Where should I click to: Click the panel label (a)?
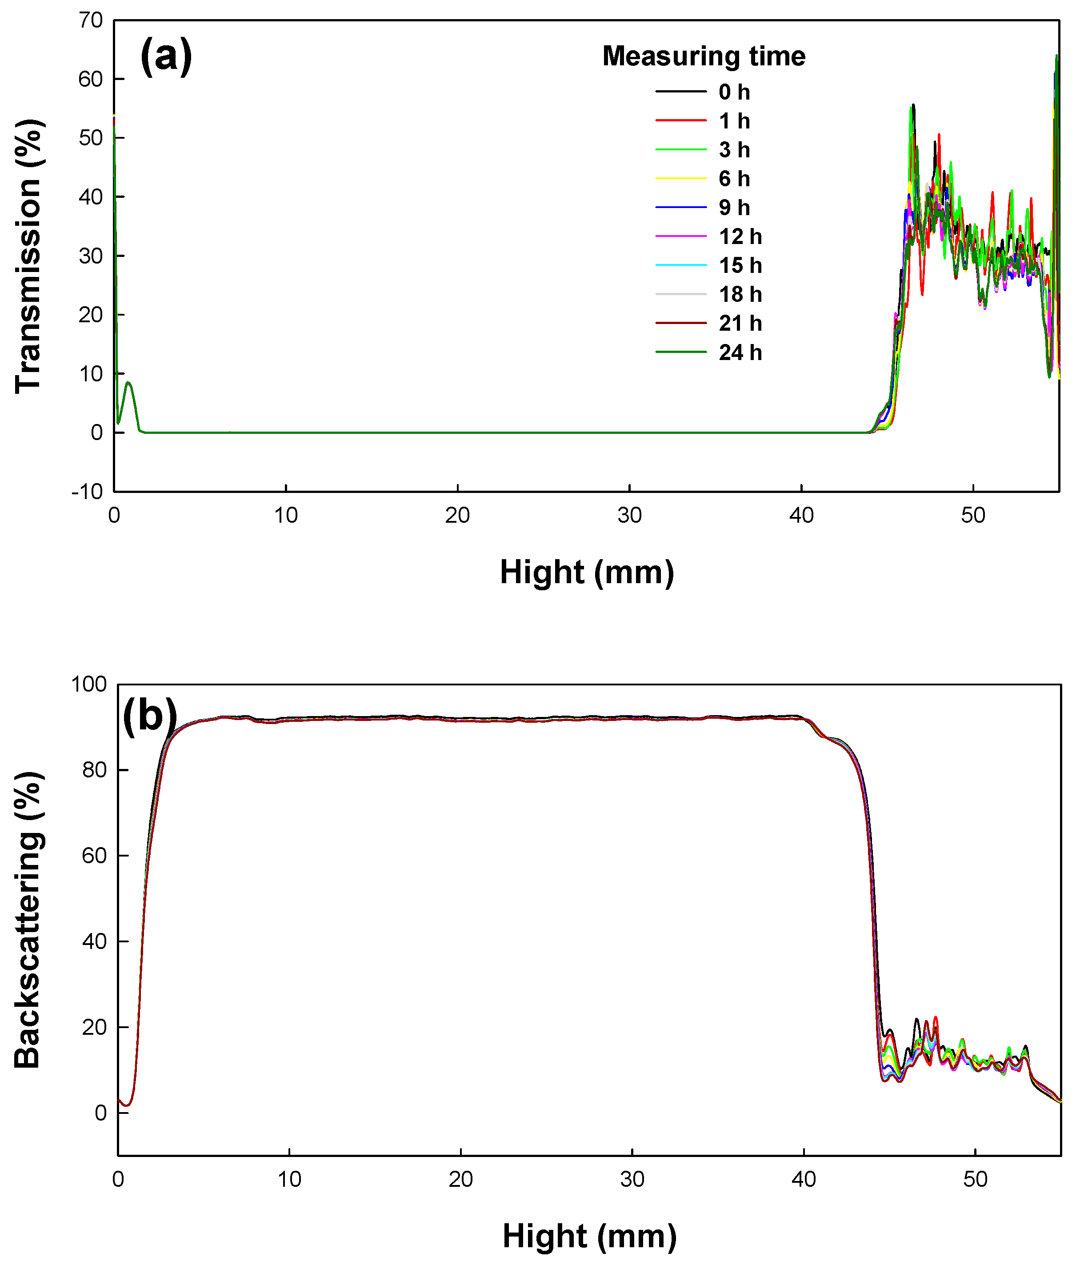click(165, 56)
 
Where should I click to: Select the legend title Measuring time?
click(704, 56)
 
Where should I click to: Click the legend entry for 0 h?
click(734, 92)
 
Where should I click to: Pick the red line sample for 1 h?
click(681, 120)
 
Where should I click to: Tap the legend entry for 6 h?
click(734, 178)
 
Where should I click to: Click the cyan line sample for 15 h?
click(681, 265)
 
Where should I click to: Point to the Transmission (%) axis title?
click(28, 256)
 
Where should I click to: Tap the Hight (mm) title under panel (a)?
click(587, 572)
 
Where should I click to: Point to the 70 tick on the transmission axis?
click(91, 20)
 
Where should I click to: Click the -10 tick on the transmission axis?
click(87, 492)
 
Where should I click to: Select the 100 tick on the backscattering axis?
click(89, 684)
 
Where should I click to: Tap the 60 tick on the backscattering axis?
click(94, 856)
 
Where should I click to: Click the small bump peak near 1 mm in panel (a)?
click(128, 382)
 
